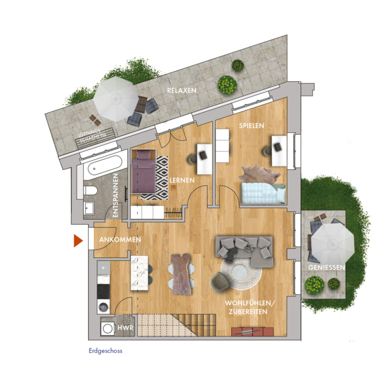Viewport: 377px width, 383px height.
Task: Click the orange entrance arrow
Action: [78, 241]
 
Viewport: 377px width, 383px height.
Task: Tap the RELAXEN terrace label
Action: [181, 91]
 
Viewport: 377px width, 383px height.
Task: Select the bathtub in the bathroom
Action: [105, 165]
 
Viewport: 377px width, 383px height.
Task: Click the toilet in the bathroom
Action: [90, 190]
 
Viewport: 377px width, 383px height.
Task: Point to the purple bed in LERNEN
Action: [144, 171]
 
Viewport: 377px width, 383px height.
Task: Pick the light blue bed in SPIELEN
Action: [263, 193]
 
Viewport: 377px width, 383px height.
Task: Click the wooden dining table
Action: [181, 273]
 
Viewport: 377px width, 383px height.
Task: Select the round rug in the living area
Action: [241, 272]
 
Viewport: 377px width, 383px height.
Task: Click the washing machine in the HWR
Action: [107, 329]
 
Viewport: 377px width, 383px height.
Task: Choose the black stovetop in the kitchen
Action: [104, 292]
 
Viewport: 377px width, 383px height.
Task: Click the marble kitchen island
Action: [139, 273]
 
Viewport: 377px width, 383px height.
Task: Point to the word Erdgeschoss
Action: [105, 351]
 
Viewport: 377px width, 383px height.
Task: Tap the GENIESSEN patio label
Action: [327, 267]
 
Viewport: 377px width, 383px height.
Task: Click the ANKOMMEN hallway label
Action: [120, 239]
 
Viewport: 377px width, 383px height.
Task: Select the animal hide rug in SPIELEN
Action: [259, 173]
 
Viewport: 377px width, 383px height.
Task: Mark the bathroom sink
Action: [89, 208]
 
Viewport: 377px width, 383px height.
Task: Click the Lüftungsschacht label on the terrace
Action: [92, 137]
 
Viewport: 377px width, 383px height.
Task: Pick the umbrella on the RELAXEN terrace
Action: [116, 99]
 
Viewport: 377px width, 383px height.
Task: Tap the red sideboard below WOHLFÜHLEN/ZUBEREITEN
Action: [252, 332]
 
